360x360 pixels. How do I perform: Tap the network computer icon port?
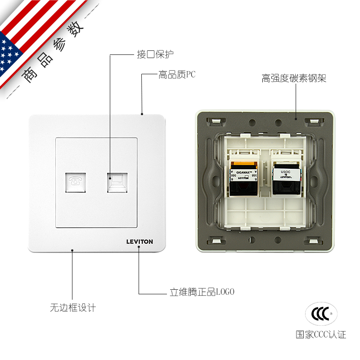[117, 181]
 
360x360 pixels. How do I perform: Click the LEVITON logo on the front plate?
[139, 242]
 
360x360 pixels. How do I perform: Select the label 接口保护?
[155, 54]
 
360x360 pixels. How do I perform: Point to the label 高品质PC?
[177, 75]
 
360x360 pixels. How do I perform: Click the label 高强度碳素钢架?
[294, 78]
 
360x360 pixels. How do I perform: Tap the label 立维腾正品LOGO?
[202, 292]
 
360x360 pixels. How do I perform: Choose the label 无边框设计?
[73, 308]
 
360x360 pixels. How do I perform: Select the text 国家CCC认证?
[321, 334]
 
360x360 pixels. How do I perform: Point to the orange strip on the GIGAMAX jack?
[243, 164]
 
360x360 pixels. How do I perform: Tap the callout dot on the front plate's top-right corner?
[142, 114]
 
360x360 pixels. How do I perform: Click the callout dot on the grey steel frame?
[296, 119]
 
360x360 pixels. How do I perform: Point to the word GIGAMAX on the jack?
[243, 172]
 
